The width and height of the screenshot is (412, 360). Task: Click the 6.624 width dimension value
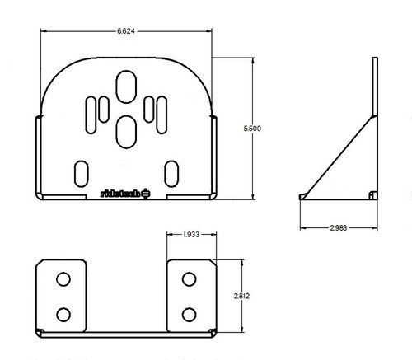126,31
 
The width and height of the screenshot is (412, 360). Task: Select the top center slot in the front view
127,86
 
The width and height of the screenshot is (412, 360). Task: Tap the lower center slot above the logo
127,129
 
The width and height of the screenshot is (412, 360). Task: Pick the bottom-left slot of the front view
82,172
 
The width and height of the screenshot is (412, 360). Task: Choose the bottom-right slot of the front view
171,172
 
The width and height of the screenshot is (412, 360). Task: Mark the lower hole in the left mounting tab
63,314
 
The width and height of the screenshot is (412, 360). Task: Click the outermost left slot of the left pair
90,114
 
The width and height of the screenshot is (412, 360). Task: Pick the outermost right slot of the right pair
163,114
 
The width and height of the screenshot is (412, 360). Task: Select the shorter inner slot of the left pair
105,106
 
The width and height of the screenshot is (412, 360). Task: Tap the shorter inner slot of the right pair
148,106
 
